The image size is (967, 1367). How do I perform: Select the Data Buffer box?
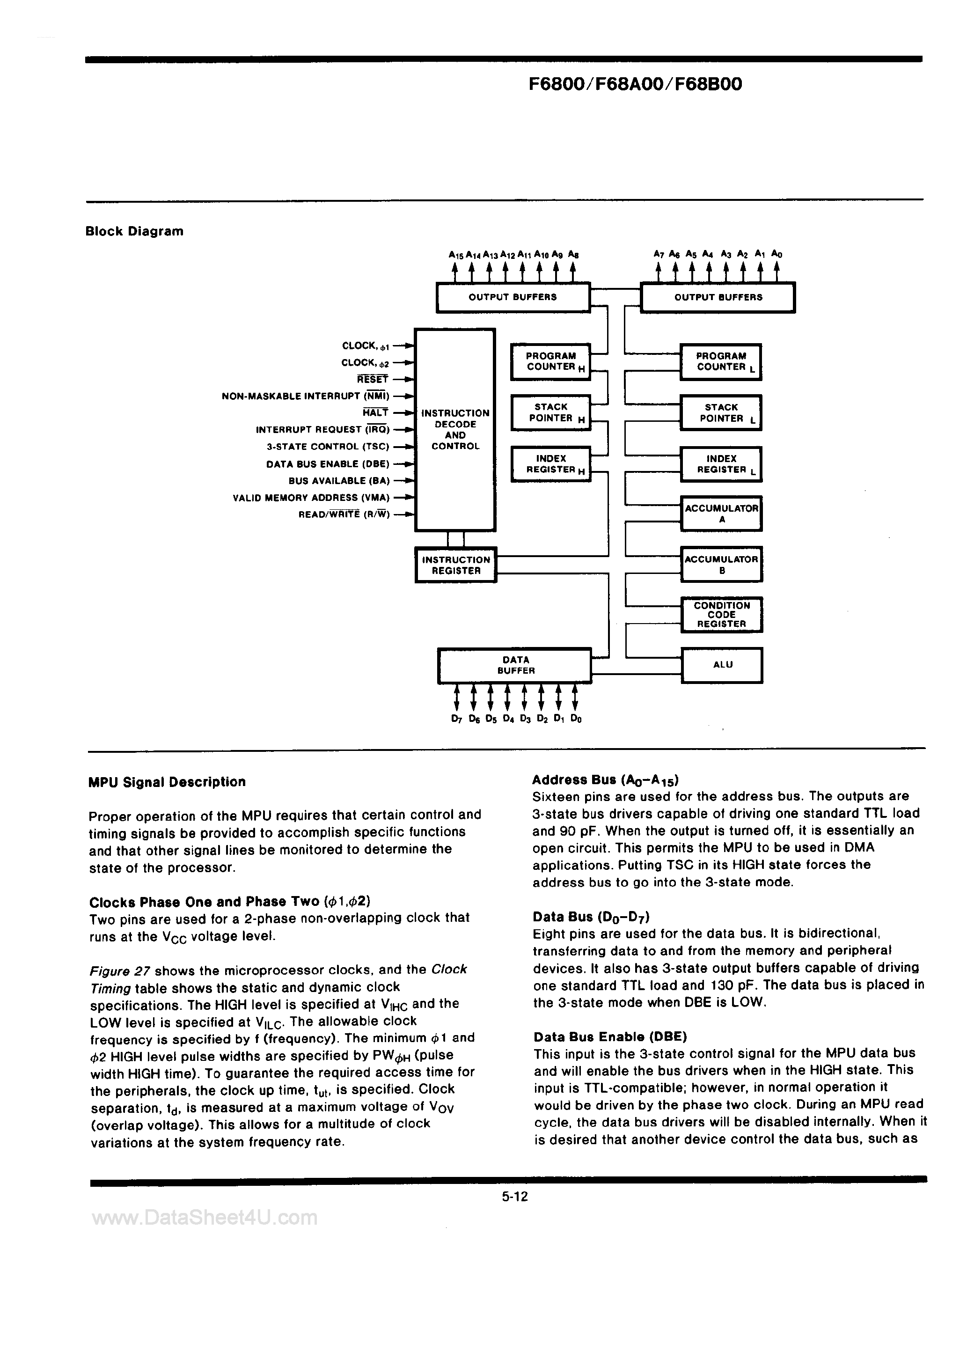pyautogui.click(x=515, y=665)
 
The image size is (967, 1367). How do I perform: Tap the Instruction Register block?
pyautogui.click(x=455, y=565)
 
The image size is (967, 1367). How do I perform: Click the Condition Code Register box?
pyautogui.click(x=722, y=614)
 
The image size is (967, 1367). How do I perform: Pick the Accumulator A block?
pyautogui.click(x=722, y=513)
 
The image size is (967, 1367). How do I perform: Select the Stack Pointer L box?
pyautogui.click(x=722, y=412)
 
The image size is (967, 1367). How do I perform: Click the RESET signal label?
pyautogui.click(x=373, y=379)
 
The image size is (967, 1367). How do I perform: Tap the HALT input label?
pyautogui.click(x=376, y=412)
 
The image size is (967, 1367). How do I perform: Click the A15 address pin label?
pyautogui.click(x=455, y=255)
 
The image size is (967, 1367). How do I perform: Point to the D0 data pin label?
pyautogui.click(x=575, y=719)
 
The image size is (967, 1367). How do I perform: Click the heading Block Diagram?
pyautogui.click(x=135, y=232)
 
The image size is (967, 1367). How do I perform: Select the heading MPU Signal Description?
pyautogui.click(x=167, y=782)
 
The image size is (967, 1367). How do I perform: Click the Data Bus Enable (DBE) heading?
pyautogui.click(x=610, y=1036)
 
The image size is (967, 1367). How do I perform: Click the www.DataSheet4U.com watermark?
pyautogui.click(x=205, y=1218)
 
